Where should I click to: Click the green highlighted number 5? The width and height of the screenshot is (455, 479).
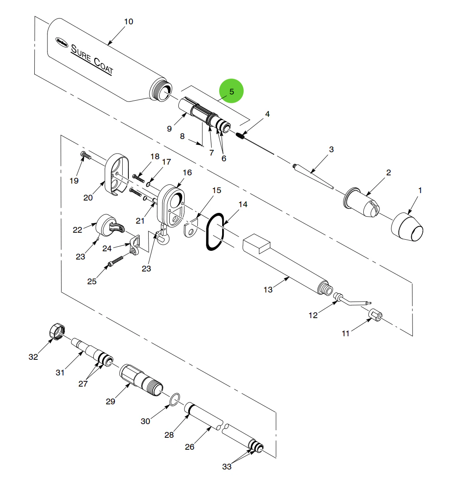231,91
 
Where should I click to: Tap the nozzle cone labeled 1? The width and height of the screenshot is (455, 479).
407,227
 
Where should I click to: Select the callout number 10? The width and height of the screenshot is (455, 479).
128,21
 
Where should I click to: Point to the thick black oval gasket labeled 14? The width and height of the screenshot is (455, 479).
215,231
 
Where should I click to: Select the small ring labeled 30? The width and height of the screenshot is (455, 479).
175,399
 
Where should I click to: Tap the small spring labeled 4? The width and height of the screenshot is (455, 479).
241,135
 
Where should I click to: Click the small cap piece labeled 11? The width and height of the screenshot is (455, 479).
375,315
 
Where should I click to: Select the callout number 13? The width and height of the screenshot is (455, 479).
268,290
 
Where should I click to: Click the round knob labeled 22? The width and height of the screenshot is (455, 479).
105,224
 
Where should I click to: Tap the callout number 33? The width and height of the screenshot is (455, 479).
227,467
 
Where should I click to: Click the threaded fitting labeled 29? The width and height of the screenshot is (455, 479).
141,379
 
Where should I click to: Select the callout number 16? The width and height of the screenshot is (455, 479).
187,172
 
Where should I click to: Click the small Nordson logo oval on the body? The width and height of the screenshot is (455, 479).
62,41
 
